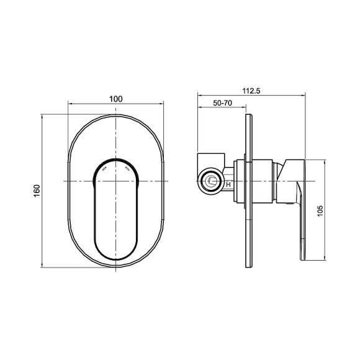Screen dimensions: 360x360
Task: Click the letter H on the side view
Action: (228, 184)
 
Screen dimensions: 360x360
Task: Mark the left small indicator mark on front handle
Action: (104, 168)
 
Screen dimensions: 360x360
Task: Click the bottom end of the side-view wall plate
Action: (248, 267)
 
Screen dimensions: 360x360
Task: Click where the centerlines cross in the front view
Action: (116, 181)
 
